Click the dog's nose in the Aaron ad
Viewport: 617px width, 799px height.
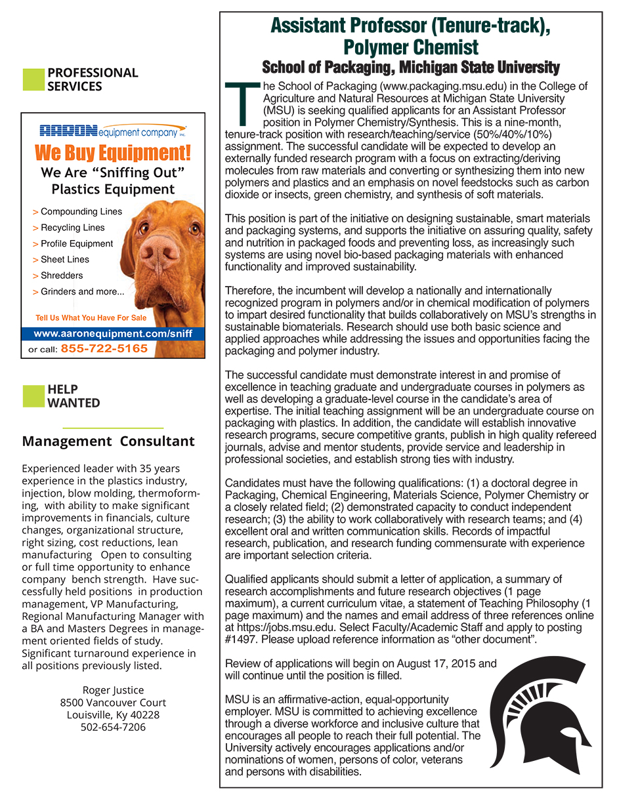(159, 251)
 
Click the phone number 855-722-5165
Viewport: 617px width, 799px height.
(104, 349)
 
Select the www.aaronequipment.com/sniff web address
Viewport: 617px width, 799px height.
(113, 333)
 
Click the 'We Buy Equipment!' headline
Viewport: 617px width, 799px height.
(113, 154)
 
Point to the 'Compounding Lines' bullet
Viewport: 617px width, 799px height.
(81, 212)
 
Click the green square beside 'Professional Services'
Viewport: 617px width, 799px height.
(33, 79)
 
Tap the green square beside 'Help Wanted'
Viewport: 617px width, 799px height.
(33, 396)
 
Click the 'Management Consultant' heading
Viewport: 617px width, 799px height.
(108, 441)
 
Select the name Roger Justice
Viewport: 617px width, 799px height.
(113, 689)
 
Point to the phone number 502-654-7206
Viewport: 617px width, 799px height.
(113, 727)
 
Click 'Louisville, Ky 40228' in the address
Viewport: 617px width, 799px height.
(113, 714)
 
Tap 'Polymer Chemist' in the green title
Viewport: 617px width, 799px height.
(411, 47)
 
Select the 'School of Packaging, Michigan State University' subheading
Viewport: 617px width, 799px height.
(411, 68)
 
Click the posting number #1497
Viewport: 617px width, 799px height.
(240, 640)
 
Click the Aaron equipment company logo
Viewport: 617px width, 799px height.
(113, 131)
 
